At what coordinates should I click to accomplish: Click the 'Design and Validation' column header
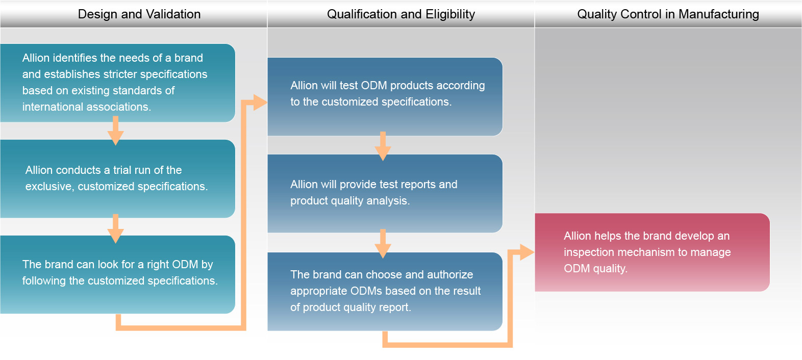139,14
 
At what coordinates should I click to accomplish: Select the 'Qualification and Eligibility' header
400,14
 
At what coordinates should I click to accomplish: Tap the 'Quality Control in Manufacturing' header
668,14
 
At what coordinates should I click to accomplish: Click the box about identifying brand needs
117,83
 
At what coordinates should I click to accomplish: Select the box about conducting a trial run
117,178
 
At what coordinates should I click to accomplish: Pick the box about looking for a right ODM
117,274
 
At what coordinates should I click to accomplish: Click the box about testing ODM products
385,96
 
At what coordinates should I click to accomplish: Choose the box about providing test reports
385,193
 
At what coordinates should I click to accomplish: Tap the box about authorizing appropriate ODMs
385,291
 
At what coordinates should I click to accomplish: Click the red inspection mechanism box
651,252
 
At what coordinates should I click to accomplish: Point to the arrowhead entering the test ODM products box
260,103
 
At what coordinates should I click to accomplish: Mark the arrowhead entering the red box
527,252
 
